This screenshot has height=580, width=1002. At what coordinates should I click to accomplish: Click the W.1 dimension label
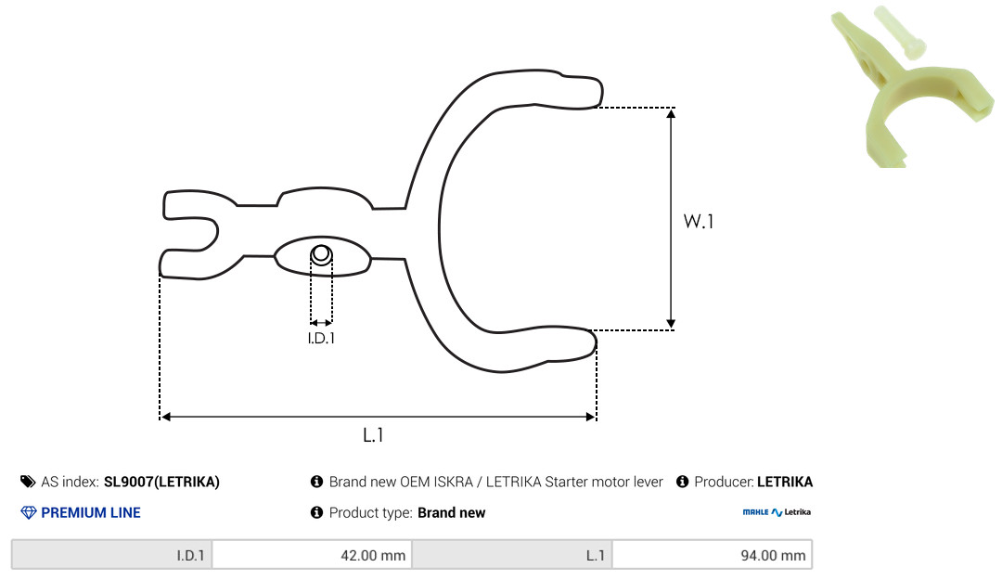click(699, 221)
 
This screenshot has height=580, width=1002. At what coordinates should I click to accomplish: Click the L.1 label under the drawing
click(373, 435)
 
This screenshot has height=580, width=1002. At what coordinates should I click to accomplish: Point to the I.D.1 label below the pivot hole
click(321, 338)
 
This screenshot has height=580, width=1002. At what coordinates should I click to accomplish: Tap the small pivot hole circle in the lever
click(321, 254)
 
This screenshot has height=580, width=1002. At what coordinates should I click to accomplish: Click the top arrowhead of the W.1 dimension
click(671, 114)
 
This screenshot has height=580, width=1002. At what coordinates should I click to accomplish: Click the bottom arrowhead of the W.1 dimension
click(671, 324)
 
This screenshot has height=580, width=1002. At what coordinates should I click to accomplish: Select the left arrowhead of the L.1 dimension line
click(165, 417)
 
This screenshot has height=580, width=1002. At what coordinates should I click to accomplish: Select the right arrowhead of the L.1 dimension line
click(590, 417)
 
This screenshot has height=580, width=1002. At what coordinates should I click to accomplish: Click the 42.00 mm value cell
click(312, 554)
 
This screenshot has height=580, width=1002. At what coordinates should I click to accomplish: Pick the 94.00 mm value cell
click(712, 554)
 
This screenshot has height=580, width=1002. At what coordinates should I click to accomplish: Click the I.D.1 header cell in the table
click(112, 554)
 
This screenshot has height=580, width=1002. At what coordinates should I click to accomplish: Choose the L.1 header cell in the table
click(512, 554)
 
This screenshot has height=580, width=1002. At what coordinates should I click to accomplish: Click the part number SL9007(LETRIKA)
click(161, 482)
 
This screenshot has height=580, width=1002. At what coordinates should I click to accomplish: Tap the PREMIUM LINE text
click(91, 512)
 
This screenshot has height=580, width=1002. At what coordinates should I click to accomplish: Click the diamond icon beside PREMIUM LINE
click(29, 512)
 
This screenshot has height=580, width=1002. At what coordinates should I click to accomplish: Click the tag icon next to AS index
click(28, 482)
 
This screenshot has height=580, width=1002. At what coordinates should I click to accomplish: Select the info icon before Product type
click(316, 512)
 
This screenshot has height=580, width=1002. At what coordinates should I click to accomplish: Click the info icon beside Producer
click(682, 482)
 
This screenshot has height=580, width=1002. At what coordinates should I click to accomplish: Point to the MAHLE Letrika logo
click(777, 512)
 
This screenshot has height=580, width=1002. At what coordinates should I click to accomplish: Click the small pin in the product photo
click(898, 32)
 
